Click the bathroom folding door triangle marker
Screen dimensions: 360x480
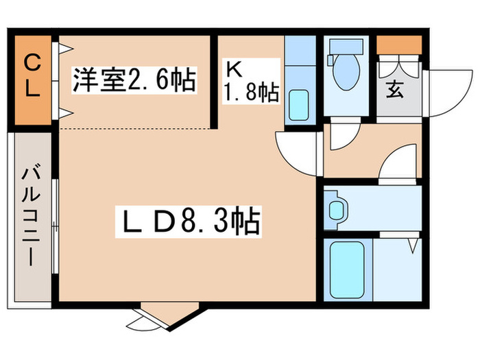[x=413, y=245]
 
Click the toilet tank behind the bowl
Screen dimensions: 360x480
[x=345, y=46]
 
